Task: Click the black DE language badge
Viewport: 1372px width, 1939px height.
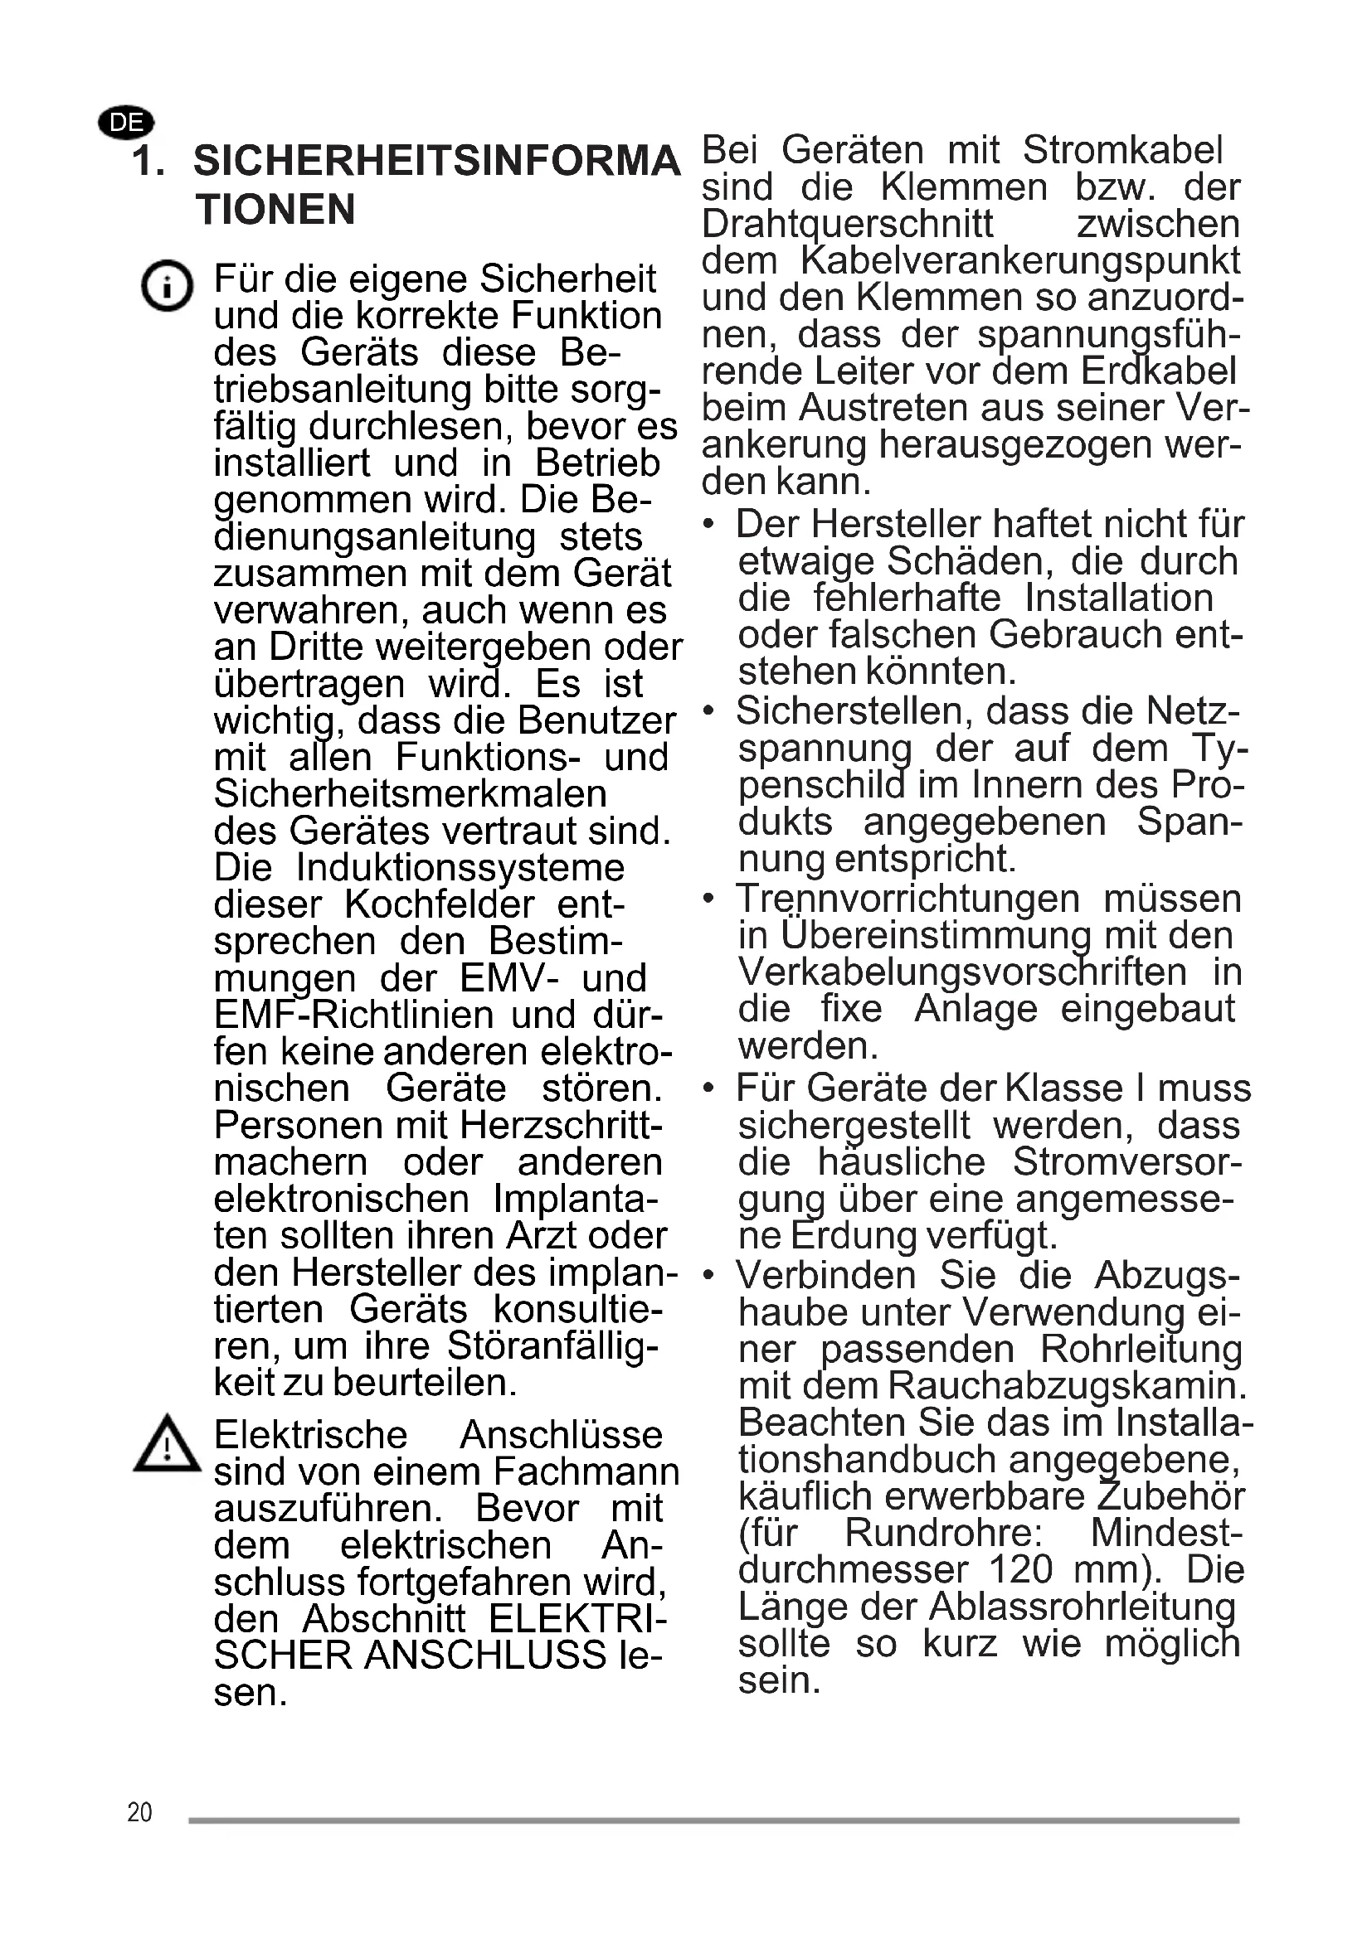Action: pos(127,124)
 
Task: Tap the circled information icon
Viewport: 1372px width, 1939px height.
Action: pos(167,285)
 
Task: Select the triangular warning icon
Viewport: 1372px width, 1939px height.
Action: pos(168,1445)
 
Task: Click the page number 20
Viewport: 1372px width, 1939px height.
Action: pos(139,1812)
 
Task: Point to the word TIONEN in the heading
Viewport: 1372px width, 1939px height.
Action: pos(275,210)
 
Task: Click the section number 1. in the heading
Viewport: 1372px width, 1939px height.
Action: pos(148,162)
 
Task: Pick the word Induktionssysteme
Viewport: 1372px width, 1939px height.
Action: pos(460,867)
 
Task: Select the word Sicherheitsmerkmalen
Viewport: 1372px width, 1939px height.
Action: pos(410,794)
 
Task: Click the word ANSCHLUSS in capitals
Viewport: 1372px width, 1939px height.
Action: pos(485,1655)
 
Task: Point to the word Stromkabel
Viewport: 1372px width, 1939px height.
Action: pos(1122,150)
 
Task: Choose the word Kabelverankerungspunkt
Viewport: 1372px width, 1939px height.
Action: pos(1019,261)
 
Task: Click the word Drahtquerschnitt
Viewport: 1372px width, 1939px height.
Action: pos(848,225)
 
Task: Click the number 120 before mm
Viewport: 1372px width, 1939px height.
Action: pos(1019,1569)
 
